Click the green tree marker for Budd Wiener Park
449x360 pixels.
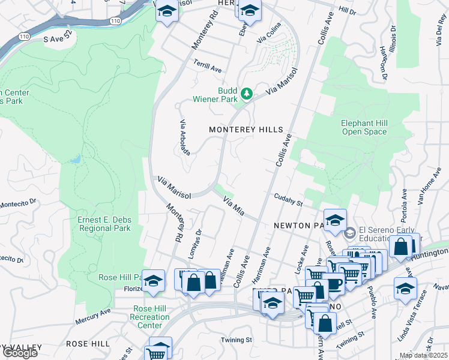246,94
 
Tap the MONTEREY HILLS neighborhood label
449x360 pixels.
246,130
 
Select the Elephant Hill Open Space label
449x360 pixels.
364,127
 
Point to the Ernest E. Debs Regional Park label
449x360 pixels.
104,224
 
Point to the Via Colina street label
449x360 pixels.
269,40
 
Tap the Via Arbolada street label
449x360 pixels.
184,137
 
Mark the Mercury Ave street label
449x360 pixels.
93,316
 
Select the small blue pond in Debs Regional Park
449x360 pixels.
75,160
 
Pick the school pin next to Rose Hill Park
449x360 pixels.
154,282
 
